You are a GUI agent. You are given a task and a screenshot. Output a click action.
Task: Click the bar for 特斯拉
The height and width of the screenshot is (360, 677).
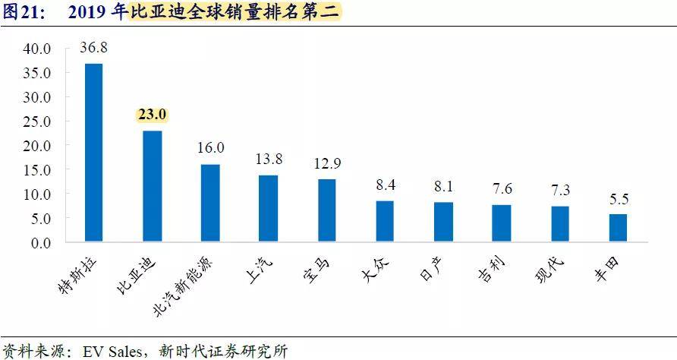point(93,153)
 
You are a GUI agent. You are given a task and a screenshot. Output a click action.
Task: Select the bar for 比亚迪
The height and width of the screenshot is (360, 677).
point(152,187)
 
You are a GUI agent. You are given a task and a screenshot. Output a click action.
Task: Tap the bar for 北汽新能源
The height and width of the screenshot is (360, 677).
point(210,204)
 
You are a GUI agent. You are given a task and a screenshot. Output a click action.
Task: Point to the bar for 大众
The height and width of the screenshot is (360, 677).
point(385,222)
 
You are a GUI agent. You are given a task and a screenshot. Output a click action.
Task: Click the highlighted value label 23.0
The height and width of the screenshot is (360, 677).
point(152,115)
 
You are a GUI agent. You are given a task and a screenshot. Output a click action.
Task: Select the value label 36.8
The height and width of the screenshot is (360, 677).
point(93,47)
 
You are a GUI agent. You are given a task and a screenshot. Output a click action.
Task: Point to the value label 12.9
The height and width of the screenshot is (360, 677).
point(327,163)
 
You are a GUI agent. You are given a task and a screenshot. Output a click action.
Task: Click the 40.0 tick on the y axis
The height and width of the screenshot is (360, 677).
point(36,49)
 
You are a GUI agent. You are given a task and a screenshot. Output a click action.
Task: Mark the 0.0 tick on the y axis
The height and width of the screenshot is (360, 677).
point(40,243)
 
